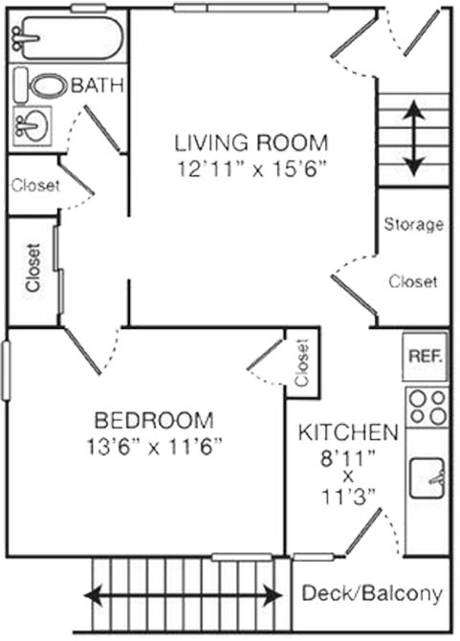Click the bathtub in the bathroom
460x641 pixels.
(67, 37)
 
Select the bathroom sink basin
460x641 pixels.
(32, 125)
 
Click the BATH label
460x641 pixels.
(98, 85)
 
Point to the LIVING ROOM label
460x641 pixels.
(252, 143)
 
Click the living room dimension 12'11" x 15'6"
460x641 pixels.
(253, 168)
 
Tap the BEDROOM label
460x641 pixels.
(154, 420)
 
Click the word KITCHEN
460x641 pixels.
(348, 432)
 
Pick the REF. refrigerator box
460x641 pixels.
(426, 357)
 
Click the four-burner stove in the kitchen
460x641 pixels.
(427, 408)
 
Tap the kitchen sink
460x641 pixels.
(427, 478)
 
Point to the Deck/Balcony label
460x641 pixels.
(372, 593)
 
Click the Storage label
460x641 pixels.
(414, 224)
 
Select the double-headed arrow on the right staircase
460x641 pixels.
(414, 138)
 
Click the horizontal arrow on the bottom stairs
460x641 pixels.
(183, 595)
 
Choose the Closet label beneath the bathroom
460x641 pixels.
(35, 186)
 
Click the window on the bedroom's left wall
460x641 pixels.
(6, 370)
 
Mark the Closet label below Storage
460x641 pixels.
(413, 281)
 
